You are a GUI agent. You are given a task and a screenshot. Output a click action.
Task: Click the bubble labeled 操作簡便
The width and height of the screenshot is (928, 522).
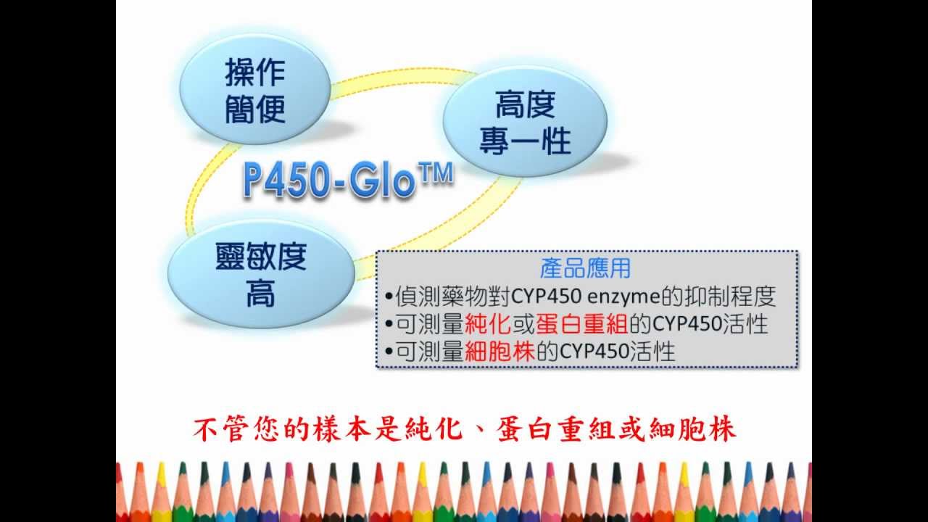255,91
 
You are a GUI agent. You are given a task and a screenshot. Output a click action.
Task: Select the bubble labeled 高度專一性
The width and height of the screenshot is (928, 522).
525,123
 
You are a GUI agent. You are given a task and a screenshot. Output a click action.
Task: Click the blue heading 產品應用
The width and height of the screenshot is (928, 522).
586,268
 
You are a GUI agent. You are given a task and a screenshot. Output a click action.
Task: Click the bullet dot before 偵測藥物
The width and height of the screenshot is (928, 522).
389,297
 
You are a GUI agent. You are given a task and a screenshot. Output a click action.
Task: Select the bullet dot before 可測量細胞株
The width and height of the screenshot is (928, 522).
389,352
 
